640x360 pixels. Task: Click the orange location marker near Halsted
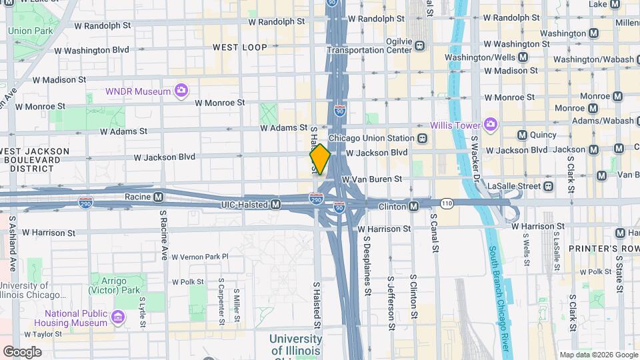click(x=320, y=159)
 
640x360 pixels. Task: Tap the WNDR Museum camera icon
click(x=181, y=90)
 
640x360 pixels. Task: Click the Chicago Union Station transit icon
click(x=422, y=139)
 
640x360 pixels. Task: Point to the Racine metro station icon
click(x=159, y=197)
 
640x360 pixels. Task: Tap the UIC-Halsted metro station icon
click(x=275, y=204)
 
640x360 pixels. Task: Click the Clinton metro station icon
click(x=413, y=206)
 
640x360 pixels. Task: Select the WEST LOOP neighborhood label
click(x=240, y=47)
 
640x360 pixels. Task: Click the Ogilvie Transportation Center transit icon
click(x=419, y=46)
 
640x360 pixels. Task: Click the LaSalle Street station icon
click(x=548, y=186)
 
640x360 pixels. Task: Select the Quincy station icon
click(x=522, y=135)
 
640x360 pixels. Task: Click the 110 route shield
click(x=446, y=202)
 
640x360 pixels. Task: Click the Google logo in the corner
click(x=22, y=351)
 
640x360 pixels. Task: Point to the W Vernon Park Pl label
click(x=200, y=257)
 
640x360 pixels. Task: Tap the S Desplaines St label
click(x=367, y=267)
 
